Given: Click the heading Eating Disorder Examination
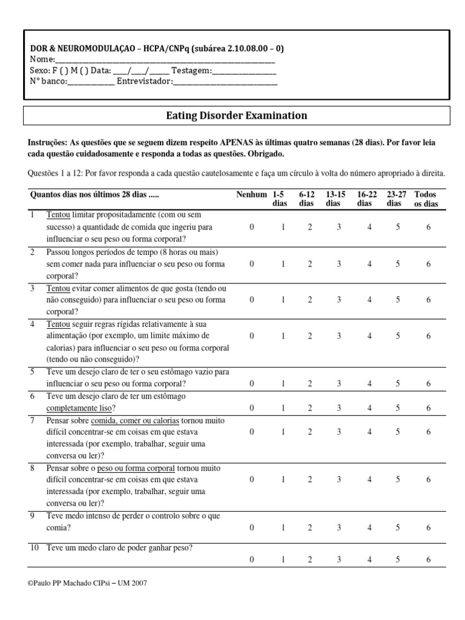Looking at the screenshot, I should (236, 115).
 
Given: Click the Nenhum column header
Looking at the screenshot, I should (251, 194).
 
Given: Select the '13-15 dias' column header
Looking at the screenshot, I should (335, 199).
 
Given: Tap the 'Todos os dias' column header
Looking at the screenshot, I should (426, 199).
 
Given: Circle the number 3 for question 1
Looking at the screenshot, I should (339, 227).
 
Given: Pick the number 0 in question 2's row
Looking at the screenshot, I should (252, 263).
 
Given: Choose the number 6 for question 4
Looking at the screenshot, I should (428, 335).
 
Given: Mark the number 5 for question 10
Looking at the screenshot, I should (398, 560).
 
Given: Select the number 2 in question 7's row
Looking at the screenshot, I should (309, 432).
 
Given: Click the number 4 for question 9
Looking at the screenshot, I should (369, 527).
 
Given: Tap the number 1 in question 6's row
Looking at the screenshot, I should (282, 408).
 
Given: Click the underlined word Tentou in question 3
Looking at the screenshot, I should (58, 288).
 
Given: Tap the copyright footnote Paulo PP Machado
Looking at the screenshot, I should (87, 583).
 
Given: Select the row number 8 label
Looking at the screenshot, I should (33, 469).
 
